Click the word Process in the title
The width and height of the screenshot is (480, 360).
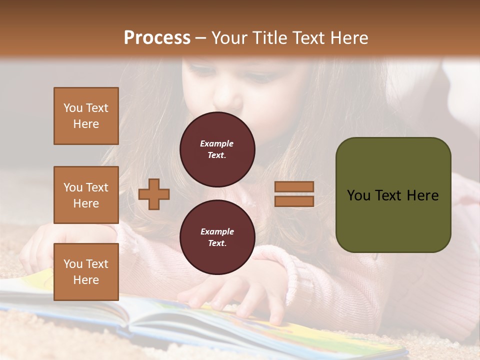(x=157, y=38)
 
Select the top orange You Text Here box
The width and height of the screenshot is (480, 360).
(x=86, y=116)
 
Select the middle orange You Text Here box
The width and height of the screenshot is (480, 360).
(x=86, y=195)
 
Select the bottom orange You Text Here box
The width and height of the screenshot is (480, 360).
(x=86, y=271)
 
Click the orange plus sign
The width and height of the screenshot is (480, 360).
(x=154, y=194)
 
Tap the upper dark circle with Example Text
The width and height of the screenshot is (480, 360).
(x=217, y=149)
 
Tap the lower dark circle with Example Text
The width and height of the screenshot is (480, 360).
(x=217, y=237)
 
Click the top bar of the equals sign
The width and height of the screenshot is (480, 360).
(x=294, y=186)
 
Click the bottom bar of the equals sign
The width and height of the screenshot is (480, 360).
(x=294, y=201)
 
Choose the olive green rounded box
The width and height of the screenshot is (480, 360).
(x=393, y=194)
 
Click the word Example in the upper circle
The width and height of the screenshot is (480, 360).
(x=217, y=143)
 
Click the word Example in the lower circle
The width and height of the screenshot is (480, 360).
(x=217, y=231)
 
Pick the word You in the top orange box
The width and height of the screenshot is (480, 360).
(x=72, y=108)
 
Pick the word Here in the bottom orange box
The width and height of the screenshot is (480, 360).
(x=86, y=280)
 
